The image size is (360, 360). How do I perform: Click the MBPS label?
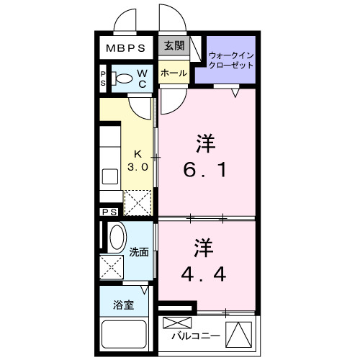(127, 50)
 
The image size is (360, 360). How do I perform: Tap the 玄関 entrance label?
(173, 46)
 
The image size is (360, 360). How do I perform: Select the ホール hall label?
(174, 73)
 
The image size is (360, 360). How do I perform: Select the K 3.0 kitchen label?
(138, 160)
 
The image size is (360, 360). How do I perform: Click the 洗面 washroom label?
(139, 252)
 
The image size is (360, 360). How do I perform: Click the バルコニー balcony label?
(196, 336)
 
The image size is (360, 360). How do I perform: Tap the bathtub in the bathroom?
(125, 333)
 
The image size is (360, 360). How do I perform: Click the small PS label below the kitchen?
(110, 212)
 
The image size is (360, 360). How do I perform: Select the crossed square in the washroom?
(112, 266)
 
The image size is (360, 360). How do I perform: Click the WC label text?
(142, 78)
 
